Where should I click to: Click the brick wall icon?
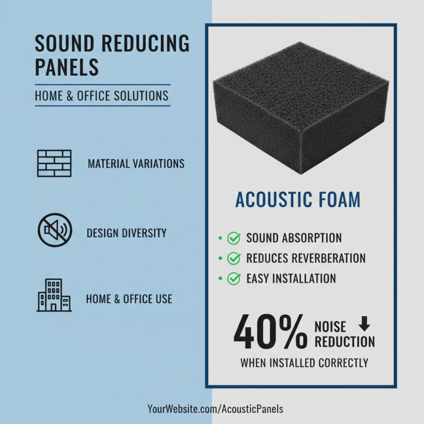pyautogui.click(x=54, y=163)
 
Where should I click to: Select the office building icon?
pyautogui.click(x=54, y=295)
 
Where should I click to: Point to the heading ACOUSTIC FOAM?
pyautogui.click(x=298, y=200)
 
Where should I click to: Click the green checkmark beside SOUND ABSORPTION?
pyautogui.click(x=233, y=238)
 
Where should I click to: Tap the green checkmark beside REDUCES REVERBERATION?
pyautogui.click(x=233, y=259)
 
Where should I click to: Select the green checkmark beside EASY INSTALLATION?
pyautogui.click(x=233, y=278)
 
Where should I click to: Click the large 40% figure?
pyautogui.click(x=270, y=332)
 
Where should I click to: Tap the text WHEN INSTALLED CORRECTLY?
pyautogui.click(x=304, y=364)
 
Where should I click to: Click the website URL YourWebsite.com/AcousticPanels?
pyautogui.click(x=215, y=409)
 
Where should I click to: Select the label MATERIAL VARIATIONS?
pyautogui.click(x=136, y=163)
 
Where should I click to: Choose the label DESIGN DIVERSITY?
pyautogui.click(x=127, y=233)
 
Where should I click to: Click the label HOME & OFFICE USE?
pyautogui.click(x=129, y=299)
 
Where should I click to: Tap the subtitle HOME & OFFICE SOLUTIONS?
pyautogui.click(x=102, y=96)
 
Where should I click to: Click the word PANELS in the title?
pyautogui.click(x=67, y=67)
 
